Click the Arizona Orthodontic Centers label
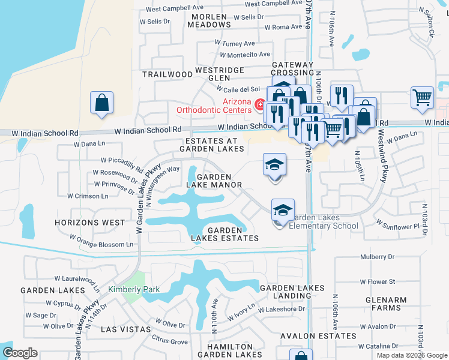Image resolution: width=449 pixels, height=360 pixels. coord(214,106)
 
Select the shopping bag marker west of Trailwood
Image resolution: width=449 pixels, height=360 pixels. coord(101,102)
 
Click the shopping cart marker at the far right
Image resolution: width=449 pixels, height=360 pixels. coord(422,97)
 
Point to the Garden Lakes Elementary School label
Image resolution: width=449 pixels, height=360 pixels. coord(324,221)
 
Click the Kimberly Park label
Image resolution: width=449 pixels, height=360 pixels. coord(134,290)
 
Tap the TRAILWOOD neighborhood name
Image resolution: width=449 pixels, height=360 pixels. coord(166,74)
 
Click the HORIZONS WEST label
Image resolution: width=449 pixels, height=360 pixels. coord(89,222)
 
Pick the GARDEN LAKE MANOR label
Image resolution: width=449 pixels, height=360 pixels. coord(214,181)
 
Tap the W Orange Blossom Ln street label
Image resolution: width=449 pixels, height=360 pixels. coord(106,244)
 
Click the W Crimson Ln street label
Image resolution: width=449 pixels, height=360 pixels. coord(88,196)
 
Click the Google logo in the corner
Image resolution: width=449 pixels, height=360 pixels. coord(19,353)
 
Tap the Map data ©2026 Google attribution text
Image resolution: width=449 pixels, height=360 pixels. coord(412,355)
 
